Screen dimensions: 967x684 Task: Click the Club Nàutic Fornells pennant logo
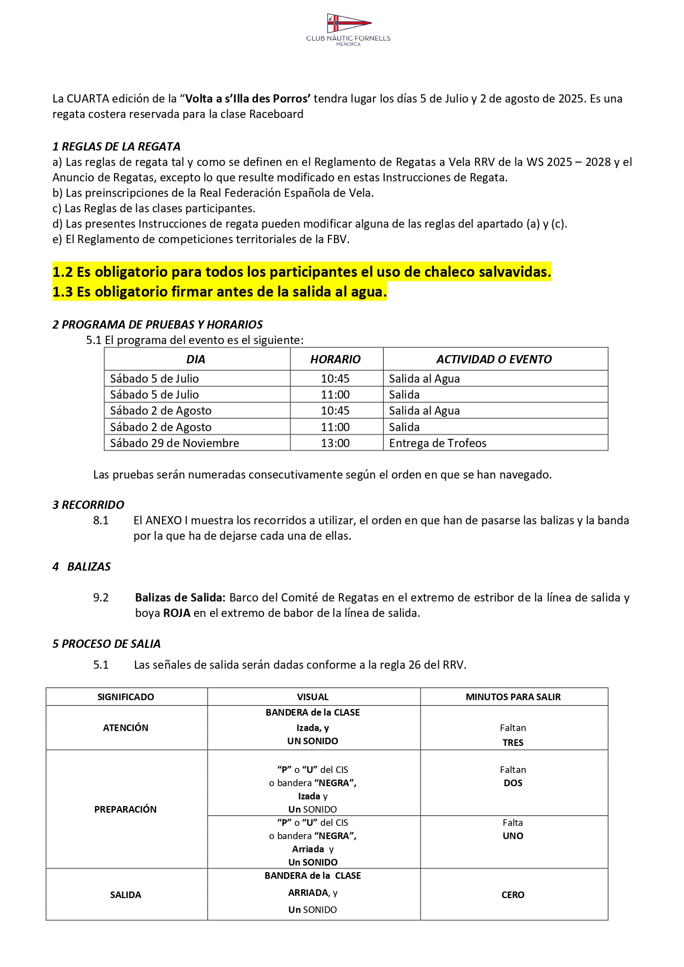point(348,23)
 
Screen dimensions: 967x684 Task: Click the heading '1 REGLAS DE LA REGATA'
point(116,147)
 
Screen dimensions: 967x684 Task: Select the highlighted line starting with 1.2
point(301,272)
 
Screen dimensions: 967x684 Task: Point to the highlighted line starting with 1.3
point(219,292)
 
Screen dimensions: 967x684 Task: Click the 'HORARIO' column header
point(335,359)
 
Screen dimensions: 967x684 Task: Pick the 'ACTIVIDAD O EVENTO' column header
point(494,359)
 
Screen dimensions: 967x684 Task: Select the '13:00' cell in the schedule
point(335,443)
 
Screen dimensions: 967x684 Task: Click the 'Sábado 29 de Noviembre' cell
point(174,443)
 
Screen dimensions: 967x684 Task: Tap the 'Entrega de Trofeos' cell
point(438,443)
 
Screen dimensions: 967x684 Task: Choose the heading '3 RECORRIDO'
point(88,505)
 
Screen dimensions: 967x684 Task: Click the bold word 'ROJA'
point(176,613)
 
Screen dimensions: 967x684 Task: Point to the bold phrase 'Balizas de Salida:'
point(180,598)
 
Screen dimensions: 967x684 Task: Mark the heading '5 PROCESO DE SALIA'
point(106,644)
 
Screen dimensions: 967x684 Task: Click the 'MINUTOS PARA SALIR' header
point(513,697)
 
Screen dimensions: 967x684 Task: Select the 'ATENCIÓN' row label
point(126,728)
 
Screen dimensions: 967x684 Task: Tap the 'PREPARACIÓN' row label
point(126,809)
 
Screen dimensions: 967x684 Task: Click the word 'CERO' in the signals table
point(513,895)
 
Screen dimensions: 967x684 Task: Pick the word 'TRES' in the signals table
point(513,743)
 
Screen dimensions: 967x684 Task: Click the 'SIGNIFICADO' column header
point(126,697)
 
